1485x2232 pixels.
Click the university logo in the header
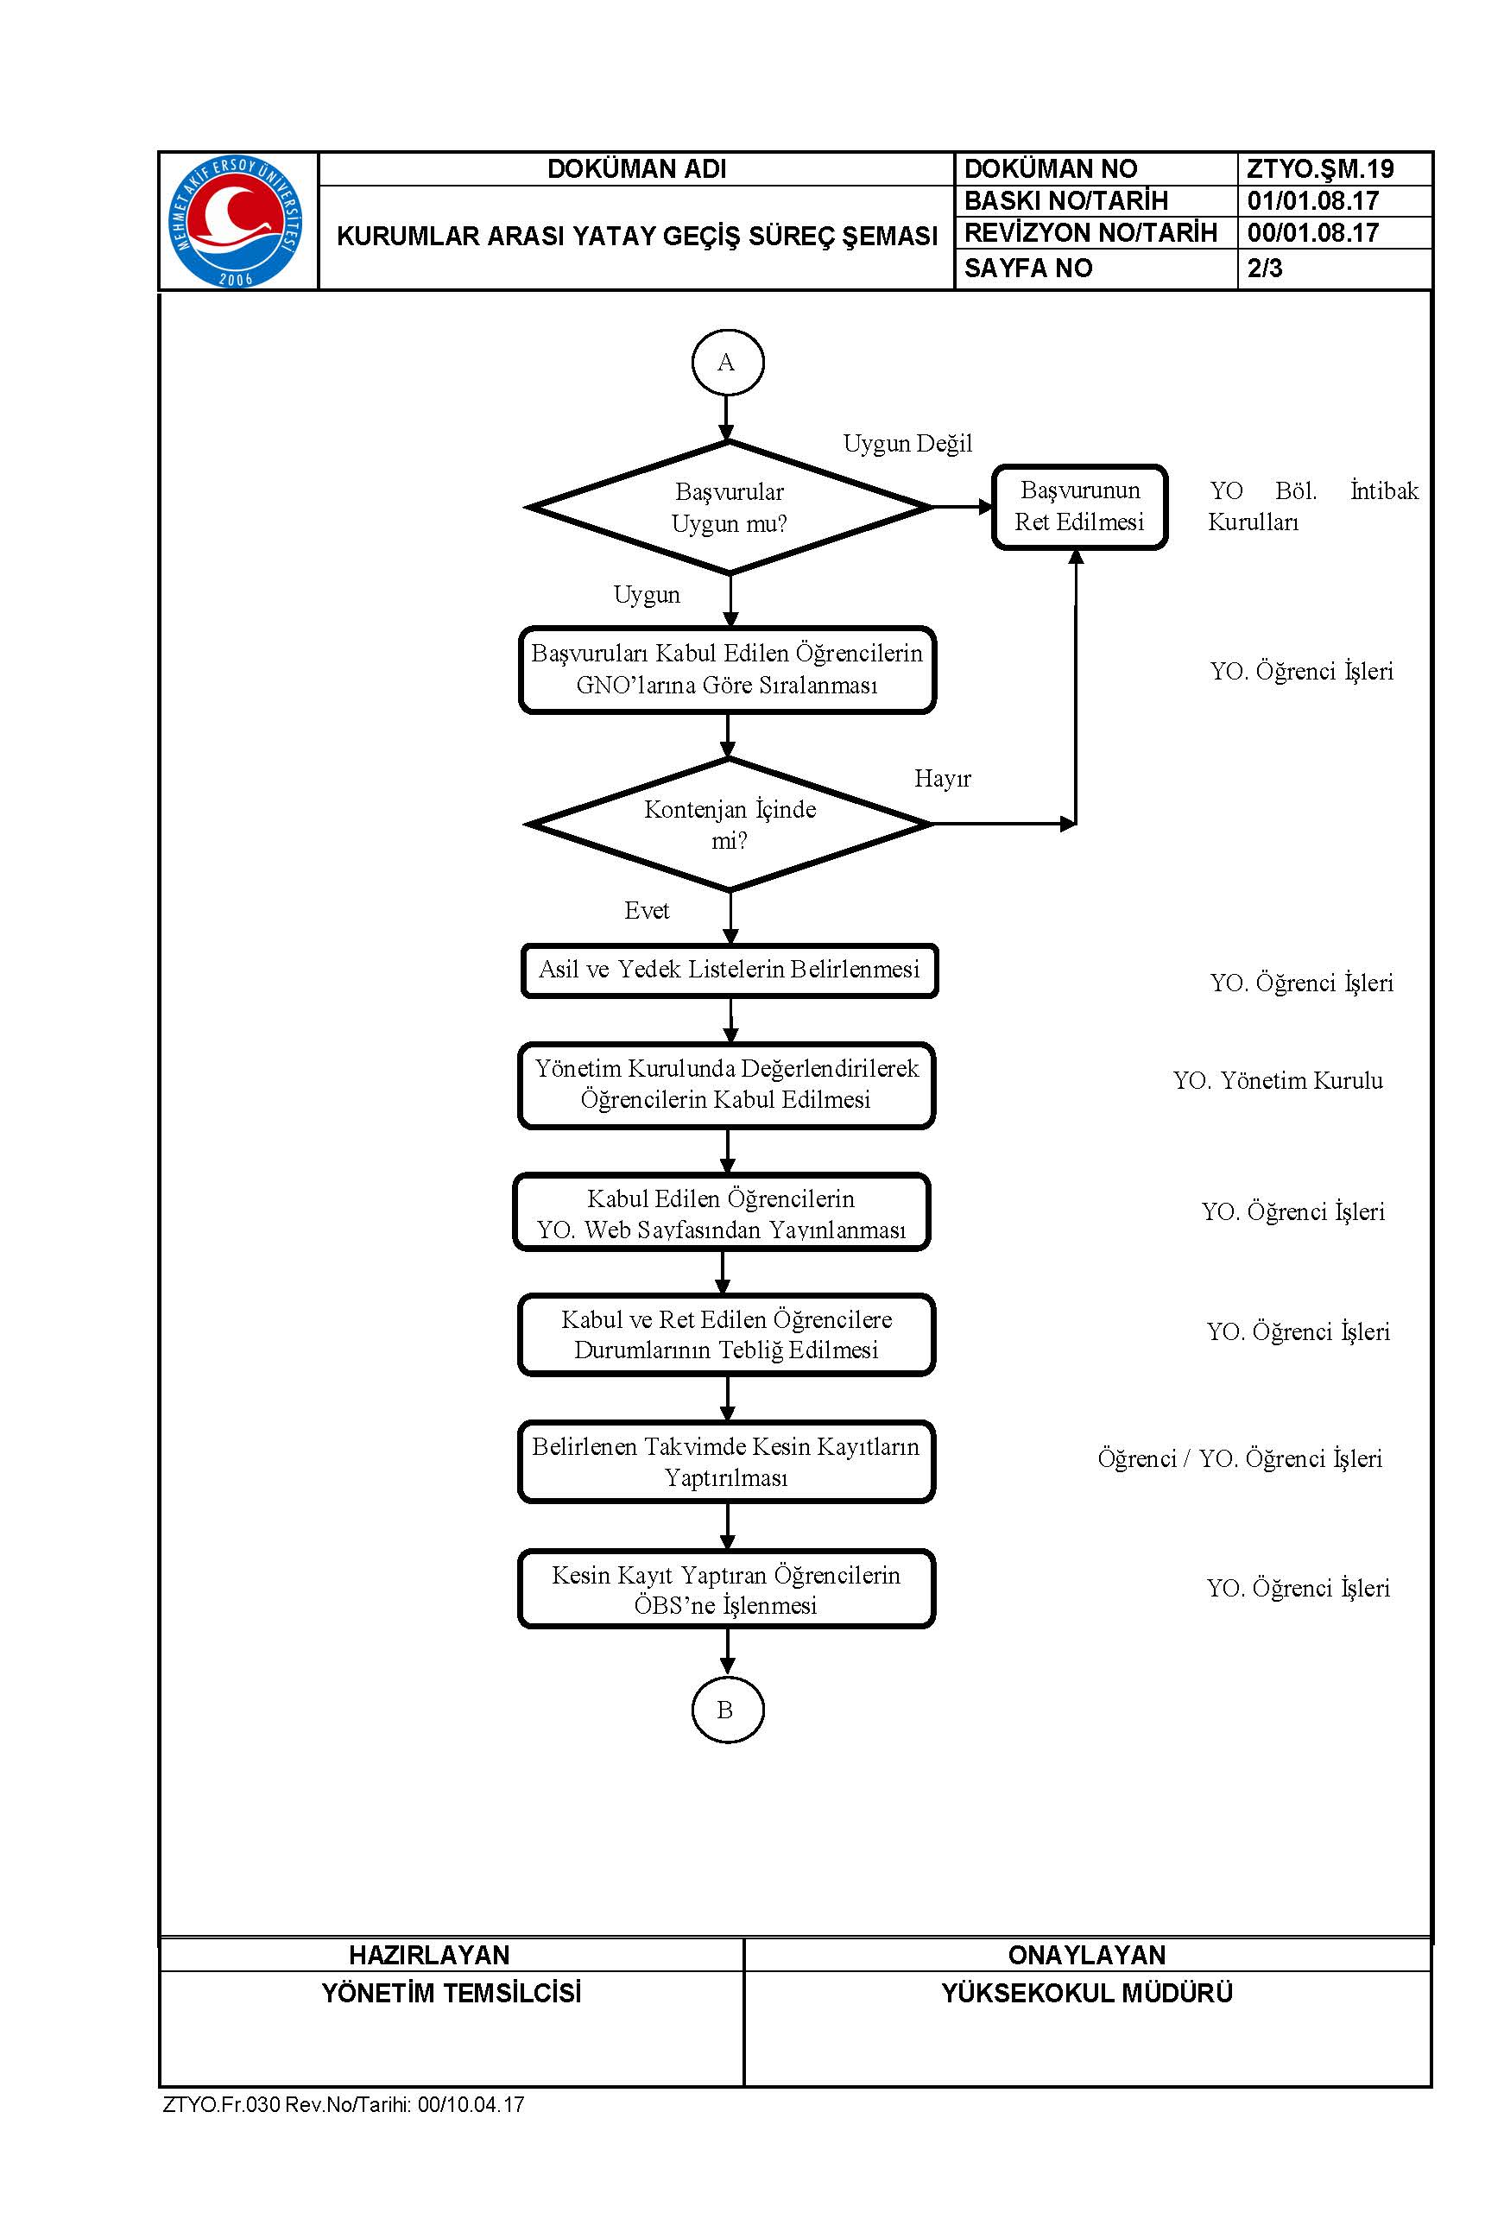(x=236, y=221)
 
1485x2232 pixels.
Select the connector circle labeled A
(x=727, y=362)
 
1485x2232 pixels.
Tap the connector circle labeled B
(x=726, y=1710)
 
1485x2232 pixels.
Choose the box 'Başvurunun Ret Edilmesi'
(x=1080, y=507)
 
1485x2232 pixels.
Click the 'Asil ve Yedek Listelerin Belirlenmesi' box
(x=730, y=971)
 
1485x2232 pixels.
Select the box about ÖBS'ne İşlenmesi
(x=726, y=1589)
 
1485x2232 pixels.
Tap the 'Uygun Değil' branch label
(x=907, y=443)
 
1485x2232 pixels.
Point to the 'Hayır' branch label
(x=942, y=779)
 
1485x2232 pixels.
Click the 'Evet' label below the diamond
(x=647, y=910)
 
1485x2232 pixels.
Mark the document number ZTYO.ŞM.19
(x=1320, y=168)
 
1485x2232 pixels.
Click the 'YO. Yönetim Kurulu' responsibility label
(x=1278, y=1080)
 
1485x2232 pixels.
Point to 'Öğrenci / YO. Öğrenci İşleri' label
(x=1240, y=1458)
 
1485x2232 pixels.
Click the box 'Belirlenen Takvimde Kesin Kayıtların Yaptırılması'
(x=726, y=1462)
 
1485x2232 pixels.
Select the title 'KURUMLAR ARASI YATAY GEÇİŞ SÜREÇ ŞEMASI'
(x=637, y=236)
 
